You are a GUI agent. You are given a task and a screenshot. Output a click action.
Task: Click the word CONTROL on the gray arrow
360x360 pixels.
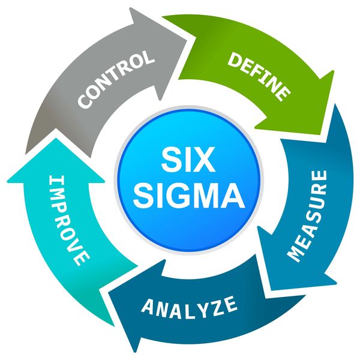tap(116, 79)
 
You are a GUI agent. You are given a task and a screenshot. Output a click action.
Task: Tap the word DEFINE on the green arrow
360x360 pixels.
tap(259, 76)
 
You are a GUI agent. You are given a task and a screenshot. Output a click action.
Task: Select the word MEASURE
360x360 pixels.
tap(307, 215)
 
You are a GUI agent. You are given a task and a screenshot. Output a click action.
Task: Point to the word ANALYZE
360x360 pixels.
tap(189, 307)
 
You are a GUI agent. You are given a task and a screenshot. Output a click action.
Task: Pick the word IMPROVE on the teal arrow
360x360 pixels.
tap(69, 220)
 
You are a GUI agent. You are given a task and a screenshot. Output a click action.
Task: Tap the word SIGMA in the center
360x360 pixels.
tap(189, 196)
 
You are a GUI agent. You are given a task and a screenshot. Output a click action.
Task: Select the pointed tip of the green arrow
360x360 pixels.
tap(320, 134)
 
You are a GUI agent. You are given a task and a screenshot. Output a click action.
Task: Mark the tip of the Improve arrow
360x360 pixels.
tap(56, 130)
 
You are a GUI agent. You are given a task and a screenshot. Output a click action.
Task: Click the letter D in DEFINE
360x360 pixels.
tap(235, 59)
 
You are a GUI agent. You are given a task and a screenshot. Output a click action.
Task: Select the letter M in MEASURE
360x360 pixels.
tap(296, 254)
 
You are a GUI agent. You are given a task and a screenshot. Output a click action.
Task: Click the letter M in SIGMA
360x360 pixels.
tap(207, 196)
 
